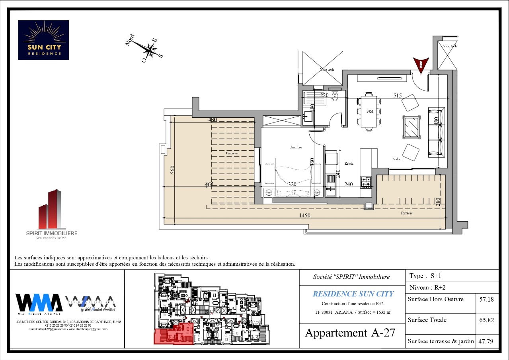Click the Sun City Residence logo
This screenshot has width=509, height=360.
click(43, 40)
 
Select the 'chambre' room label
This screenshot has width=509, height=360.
click(296, 147)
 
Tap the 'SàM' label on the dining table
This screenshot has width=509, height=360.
click(370, 111)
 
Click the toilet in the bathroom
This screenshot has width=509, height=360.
click(335, 96)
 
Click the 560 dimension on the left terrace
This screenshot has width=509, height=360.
click(173, 169)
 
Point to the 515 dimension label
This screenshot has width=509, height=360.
click(397, 95)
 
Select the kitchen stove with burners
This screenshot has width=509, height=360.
click(366, 183)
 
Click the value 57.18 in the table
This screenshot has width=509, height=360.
click(487, 300)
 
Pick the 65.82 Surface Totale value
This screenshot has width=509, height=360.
click(487, 320)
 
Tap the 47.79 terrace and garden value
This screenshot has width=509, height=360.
click(487, 341)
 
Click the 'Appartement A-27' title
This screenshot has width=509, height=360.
click(350, 333)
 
